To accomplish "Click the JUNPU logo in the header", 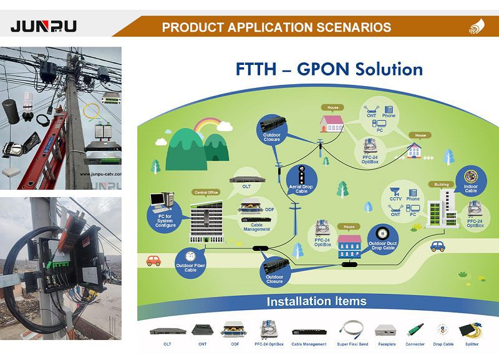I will (44, 26).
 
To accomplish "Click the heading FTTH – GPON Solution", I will (329, 69).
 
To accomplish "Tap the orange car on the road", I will (153, 261).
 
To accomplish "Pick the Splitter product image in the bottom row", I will (473, 331).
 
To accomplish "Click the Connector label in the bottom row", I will (415, 344).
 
